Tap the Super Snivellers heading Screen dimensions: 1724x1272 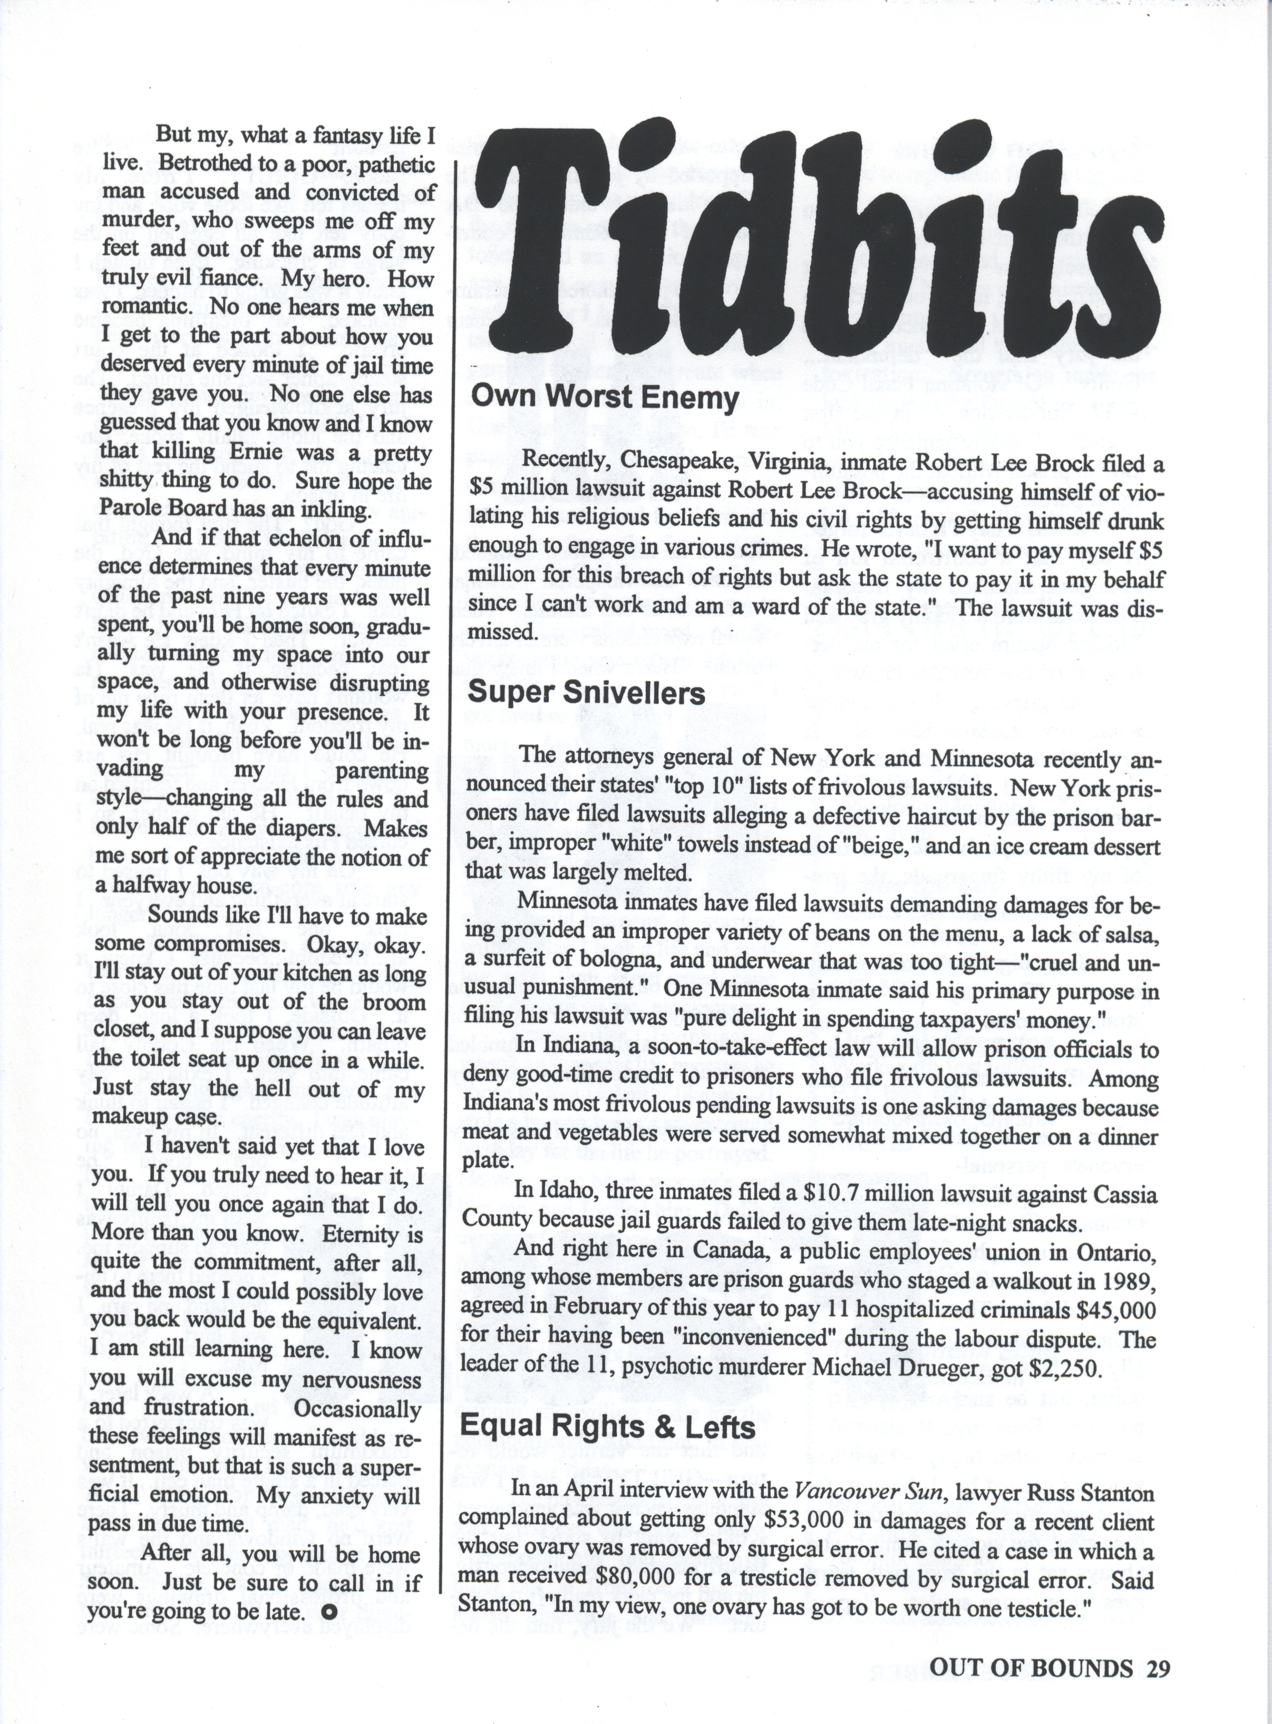(586, 693)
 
